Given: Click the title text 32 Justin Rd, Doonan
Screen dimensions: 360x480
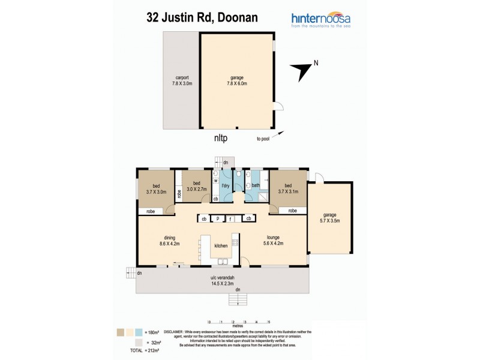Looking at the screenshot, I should pos(203,17).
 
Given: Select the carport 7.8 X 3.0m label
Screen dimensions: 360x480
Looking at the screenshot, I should pos(182,82).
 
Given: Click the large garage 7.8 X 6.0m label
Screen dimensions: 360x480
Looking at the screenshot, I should pos(238,82).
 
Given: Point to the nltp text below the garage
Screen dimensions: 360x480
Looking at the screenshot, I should pos(221,137).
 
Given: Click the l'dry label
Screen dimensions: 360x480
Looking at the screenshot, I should pos(226,187).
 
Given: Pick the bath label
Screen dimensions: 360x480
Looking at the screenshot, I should pos(255,185).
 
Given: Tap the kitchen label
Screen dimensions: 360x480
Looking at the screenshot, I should pos(221,246).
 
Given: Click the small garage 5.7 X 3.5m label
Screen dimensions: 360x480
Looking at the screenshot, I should pos(330,218).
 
